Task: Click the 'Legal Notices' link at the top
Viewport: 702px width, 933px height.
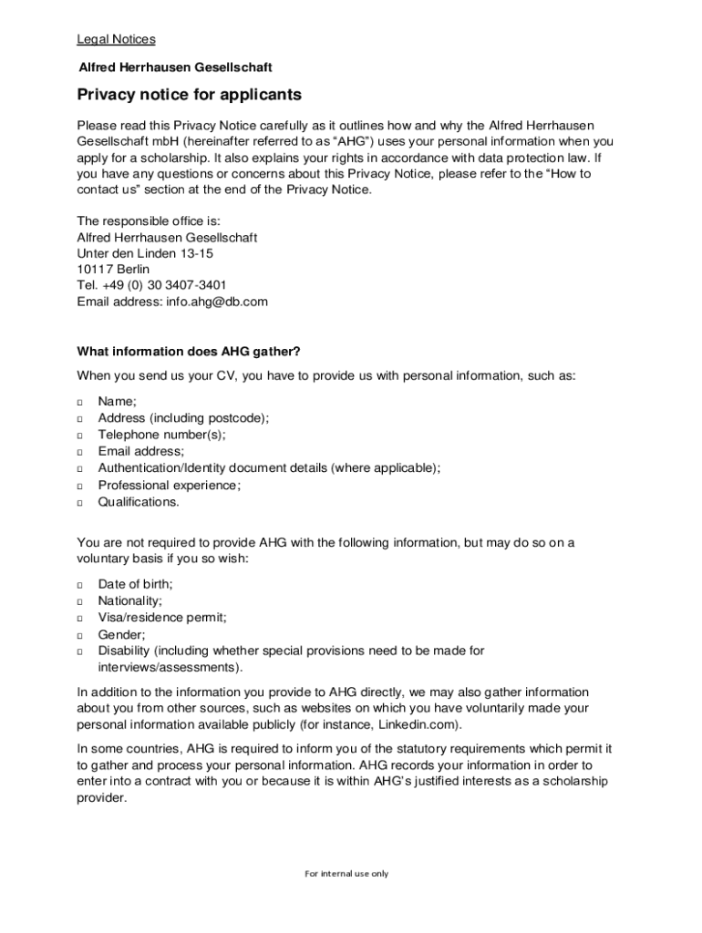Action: coord(116,39)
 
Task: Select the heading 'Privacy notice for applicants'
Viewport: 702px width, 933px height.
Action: coord(189,95)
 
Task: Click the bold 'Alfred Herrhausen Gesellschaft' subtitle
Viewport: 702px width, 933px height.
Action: coord(175,67)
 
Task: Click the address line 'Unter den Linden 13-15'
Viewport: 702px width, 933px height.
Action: coord(145,253)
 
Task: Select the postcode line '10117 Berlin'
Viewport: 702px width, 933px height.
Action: coord(113,270)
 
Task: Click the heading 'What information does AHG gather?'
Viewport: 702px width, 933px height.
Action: coord(188,352)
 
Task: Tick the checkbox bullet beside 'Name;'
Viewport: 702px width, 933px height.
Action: coord(80,402)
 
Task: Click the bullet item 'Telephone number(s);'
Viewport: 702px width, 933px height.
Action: coord(161,435)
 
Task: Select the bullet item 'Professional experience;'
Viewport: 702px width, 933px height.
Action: coord(169,486)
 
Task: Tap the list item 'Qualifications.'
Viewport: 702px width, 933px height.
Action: coord(139,502)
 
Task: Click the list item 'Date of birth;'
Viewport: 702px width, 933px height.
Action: coord(135,584)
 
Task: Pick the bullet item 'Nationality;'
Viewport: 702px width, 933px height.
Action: coord(130,601)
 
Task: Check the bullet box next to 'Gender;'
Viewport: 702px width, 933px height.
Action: coord(80,635)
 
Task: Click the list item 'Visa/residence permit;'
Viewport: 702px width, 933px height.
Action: coord(162,618)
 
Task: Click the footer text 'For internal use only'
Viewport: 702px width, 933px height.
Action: coord(346,874)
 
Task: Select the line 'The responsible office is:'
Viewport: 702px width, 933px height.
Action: coord(149,220)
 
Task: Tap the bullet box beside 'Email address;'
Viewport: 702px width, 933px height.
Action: coord(80,452)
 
